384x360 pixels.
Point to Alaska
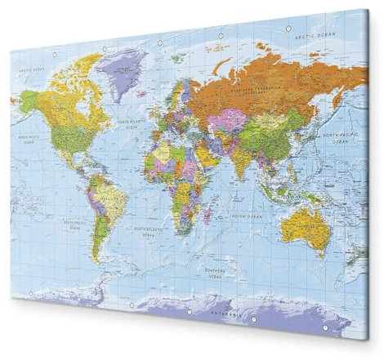(x=29, y=101)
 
